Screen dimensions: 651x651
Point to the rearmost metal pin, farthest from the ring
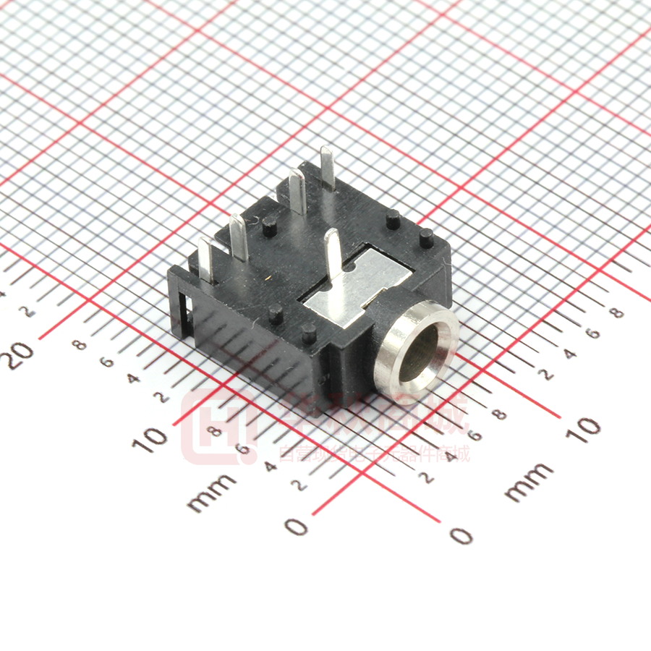(327, 167)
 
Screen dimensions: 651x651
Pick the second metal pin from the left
(239, 237)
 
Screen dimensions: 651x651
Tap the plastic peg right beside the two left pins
(268, 226)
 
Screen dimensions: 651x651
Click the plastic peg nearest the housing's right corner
(426, 237)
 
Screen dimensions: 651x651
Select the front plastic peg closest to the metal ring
(309, 332)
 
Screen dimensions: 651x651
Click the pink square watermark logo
(214, 427)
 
